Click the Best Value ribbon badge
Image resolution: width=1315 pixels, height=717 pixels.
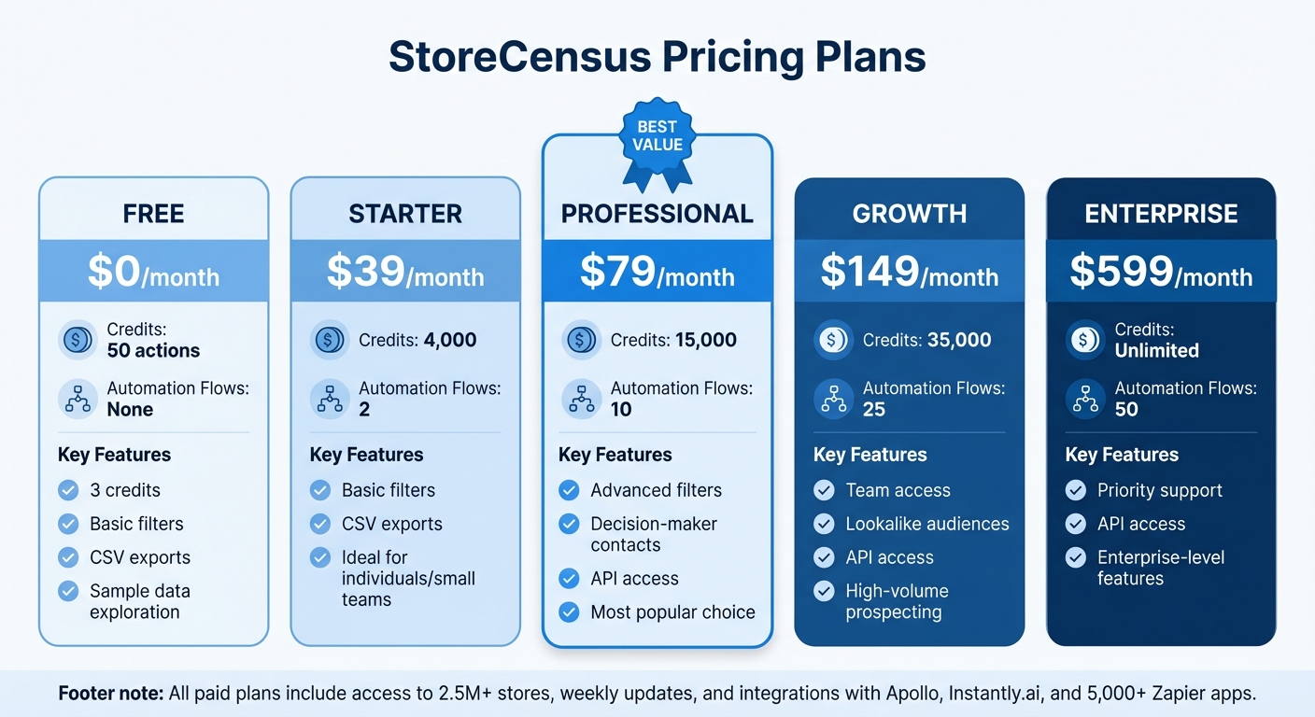657,140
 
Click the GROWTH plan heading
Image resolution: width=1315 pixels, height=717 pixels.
909,214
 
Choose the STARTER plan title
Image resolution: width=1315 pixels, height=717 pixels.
405,214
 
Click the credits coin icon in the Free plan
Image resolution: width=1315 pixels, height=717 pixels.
77,340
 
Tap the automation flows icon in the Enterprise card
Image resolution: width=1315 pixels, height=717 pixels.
1084,399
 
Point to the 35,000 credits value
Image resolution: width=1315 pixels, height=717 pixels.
959,341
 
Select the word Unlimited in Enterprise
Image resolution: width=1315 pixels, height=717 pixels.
1156,351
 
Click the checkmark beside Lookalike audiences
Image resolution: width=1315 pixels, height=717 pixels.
824,524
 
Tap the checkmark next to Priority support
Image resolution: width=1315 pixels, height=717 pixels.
1076,490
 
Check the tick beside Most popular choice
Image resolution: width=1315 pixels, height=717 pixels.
569,612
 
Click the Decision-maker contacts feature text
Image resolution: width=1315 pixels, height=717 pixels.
654,534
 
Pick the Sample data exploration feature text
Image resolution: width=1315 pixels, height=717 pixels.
140,601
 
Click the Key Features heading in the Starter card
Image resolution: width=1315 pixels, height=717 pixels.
366,455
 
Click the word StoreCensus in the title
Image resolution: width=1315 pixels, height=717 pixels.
519,58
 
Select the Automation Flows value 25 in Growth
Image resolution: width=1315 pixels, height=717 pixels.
874,409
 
